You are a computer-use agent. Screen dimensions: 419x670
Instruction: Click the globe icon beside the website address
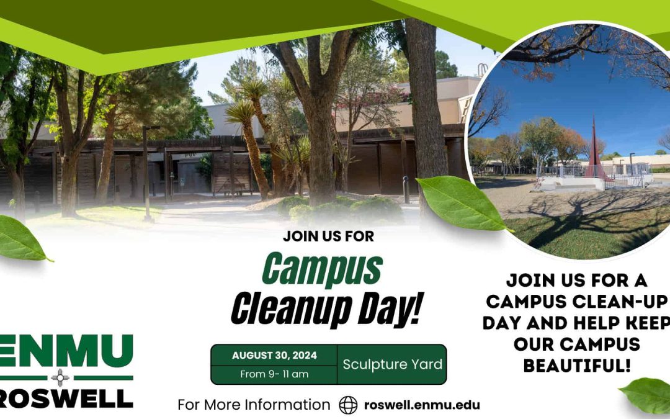pos(348,405)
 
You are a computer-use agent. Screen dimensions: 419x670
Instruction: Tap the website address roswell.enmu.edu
pos(422,405)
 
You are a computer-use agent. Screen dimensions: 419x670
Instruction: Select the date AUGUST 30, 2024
pos(274,356)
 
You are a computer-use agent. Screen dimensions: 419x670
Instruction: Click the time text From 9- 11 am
pos(274,374)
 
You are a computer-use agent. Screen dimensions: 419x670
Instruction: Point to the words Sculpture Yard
pos(391,364)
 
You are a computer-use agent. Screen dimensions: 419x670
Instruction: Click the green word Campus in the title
pos(321,269)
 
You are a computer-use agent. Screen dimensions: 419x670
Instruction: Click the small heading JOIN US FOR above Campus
pos(320,236)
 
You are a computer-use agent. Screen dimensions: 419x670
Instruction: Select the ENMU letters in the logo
pos(65,351)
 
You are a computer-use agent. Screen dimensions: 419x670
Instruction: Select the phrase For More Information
pos(254,405)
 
